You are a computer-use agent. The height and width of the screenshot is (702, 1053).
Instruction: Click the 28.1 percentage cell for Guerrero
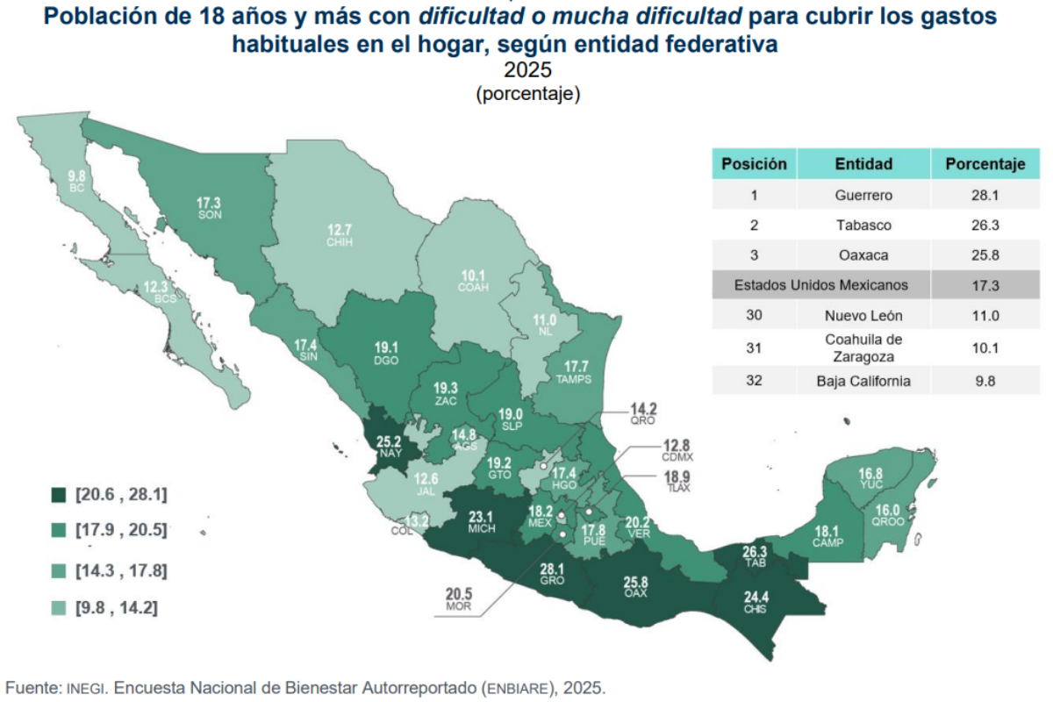click(x=985, y=195)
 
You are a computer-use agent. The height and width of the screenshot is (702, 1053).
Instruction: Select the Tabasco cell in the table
click(x=863, y=226)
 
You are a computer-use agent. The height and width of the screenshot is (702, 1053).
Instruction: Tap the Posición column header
click(x=754, y=163)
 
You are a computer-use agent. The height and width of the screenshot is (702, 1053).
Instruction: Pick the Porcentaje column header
click(x=985, y=163)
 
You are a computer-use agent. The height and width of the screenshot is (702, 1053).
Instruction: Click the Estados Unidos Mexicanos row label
click(x=820, y=285)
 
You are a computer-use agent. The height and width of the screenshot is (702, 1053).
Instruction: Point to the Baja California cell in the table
click(x=863, y=380)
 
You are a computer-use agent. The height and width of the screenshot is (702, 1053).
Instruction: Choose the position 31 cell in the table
click(x=754, y=348)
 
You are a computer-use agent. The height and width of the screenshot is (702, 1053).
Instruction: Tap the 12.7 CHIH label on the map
click(x=340, y=235)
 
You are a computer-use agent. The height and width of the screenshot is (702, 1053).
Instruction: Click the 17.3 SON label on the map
click(x=209, y=208)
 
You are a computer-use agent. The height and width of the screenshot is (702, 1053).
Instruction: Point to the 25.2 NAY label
click(x=390, y=448)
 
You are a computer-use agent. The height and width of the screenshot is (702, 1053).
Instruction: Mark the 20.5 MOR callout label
click(x=459, y=599)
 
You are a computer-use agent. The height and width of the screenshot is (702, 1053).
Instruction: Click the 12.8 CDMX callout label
click(x=677, y=450)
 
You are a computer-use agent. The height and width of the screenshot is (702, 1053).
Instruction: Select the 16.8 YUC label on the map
click(x=870, y=478)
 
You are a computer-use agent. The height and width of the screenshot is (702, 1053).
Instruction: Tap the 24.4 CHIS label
click(x=756, y=602)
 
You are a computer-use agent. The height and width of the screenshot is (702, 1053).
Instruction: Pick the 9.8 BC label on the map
click(x=76, y=182)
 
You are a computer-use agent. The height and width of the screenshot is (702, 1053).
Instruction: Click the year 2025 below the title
click(x=527, y=70)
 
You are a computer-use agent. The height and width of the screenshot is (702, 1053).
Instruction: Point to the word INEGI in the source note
click(x=84, y=689)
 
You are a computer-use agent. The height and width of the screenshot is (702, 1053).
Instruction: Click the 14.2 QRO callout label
click(x=643, y=414)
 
